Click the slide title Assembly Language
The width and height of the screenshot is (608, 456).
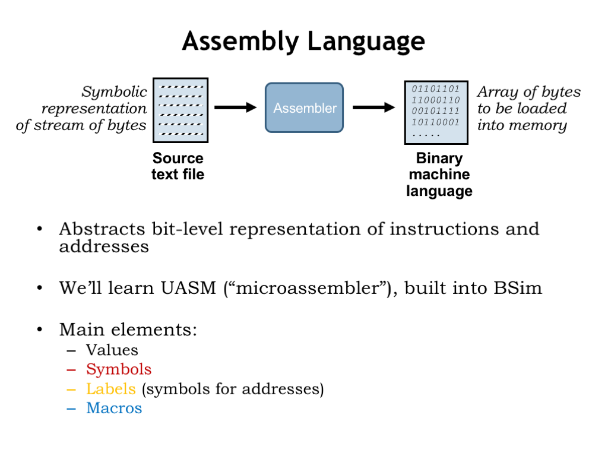click(303, 42)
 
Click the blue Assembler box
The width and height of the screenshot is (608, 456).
click(304, 107)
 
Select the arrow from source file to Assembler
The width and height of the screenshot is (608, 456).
click(235, 107)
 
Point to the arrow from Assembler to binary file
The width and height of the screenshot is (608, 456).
click(373, 107)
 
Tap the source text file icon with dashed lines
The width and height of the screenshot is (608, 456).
click(180, 110)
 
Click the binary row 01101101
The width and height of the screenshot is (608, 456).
click(436, 89)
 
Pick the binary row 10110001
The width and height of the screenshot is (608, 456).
click(436, 123)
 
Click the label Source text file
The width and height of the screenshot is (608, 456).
click(178, 166)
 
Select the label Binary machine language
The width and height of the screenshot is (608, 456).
click(439, 175)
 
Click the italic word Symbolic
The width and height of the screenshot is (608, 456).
click(114, 92)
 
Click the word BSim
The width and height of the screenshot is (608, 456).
click(518, 289)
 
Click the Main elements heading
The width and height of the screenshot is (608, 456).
click(128, 330)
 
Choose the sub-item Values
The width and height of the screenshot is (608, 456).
click(112, 350)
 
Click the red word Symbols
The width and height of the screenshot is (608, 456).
click(119, 369)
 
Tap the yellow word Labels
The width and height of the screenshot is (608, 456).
click(110, 389)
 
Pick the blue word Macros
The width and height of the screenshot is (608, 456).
click(114, 408)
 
